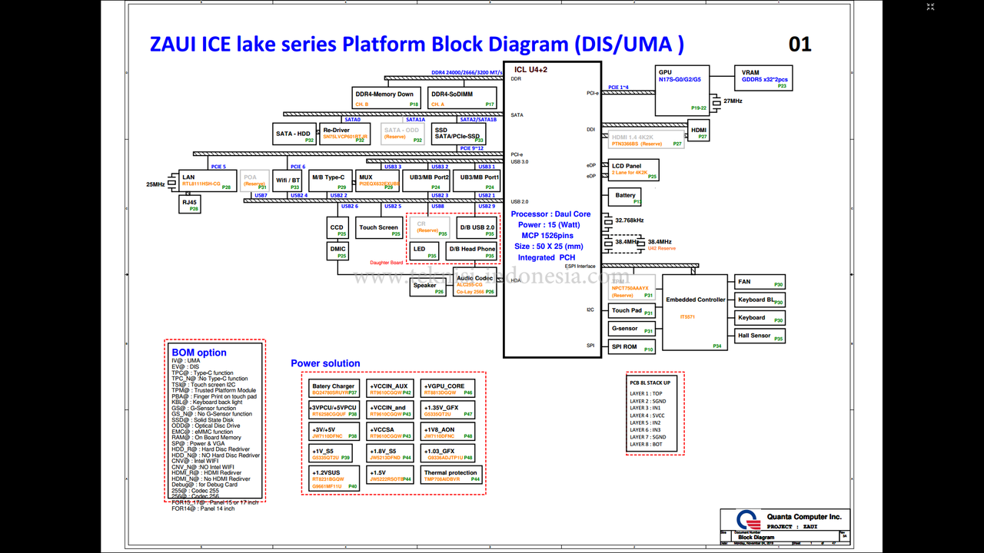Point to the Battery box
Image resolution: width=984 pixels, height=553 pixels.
click(x=625, y=197)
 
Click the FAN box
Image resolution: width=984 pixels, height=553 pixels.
click(x=759, y=283)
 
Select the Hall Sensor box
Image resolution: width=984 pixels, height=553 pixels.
click(x=759, y=336)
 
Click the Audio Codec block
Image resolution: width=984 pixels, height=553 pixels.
click(x=475, y=283)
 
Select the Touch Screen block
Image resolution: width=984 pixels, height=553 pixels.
click(x=380, y=228)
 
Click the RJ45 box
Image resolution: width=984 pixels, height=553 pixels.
click(x=190, y=204)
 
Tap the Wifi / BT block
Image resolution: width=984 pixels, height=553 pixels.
click(x=288, y=181)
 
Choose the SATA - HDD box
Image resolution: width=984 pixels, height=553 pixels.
click(x=294, y=134)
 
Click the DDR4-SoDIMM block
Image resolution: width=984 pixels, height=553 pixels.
click(x=462, y=98)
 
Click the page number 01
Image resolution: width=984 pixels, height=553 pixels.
click(x=800, y=44)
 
